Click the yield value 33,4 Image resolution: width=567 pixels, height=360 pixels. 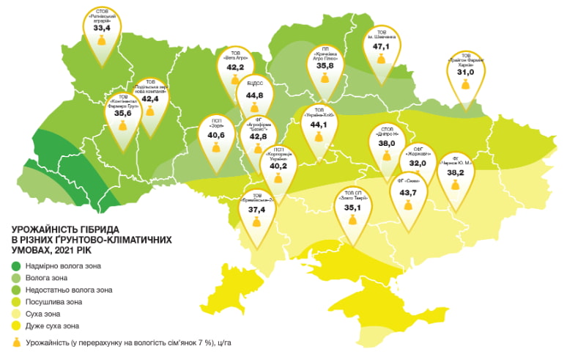point(102,29)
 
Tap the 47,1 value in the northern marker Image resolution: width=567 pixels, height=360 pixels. point(382,46)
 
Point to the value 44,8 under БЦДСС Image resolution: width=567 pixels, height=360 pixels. point(254,95)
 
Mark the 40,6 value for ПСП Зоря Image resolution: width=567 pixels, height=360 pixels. point(215,135)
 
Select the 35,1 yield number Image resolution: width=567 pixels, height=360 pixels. point(353,207)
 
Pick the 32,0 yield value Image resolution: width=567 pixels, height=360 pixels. point(418,164)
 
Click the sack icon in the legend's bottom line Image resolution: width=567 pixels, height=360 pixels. point(16,342)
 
